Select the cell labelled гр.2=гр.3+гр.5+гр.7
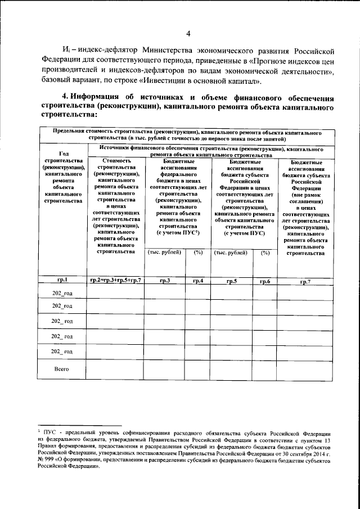point(115,280)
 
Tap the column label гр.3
point(165,280)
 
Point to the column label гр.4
point(198,280)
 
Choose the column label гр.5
point(231,280)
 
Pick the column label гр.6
point(265,280)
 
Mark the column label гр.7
point(305,280)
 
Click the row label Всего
point(61,369)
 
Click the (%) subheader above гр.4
point(198,253)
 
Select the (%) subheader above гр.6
point(265,253)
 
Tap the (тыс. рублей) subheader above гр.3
point(164,253)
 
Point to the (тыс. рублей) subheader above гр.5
point(231,253)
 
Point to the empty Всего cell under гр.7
point(305,370)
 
